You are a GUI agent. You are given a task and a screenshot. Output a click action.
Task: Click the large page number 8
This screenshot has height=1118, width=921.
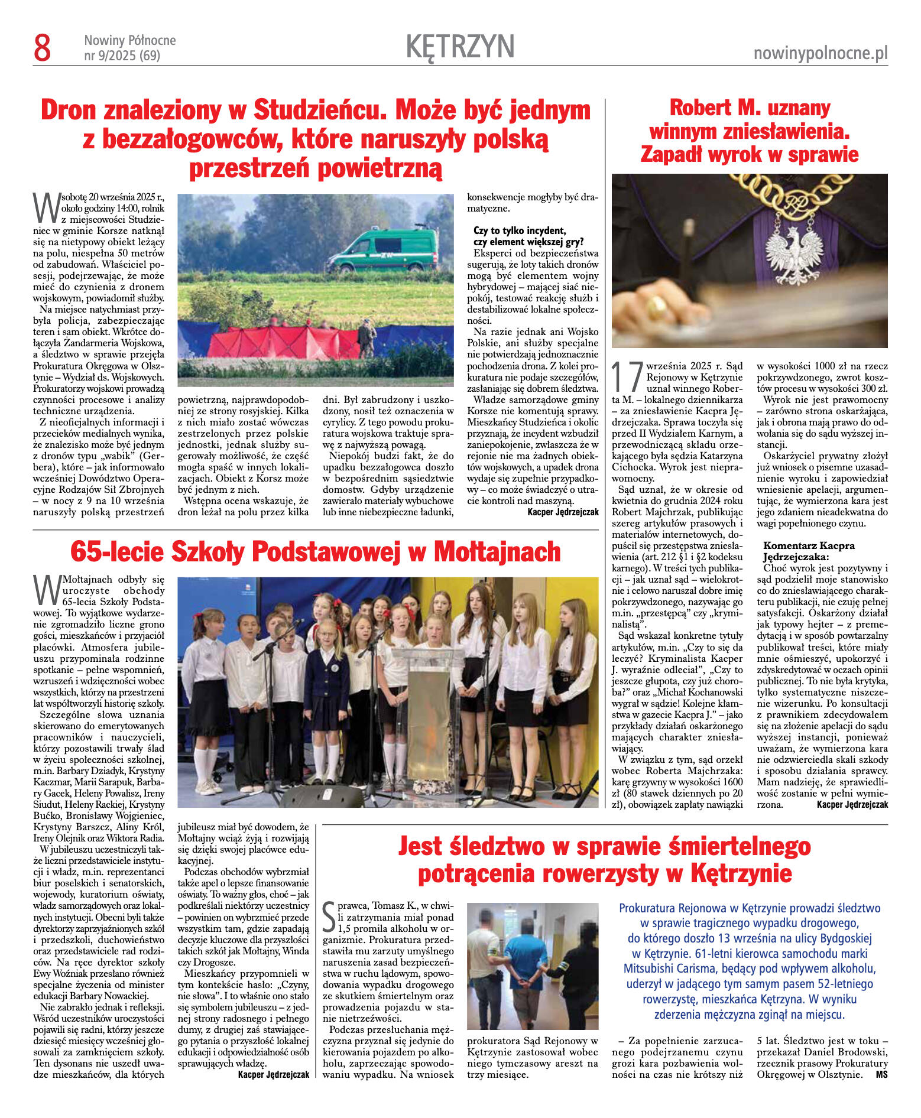pyautogui.click(x=43, y=48)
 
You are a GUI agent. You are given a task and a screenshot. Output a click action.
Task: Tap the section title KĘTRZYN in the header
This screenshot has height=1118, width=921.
pyautogui.click(x=460, y=47)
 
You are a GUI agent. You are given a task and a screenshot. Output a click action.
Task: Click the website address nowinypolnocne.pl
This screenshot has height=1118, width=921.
pyautogui.click(x=821, y=54)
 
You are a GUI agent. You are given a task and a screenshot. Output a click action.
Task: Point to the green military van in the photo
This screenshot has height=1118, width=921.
pyautogui.click(x=384, y=251)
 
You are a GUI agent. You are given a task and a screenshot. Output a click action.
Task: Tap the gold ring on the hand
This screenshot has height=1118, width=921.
pyautogui.click(x=656, y=307)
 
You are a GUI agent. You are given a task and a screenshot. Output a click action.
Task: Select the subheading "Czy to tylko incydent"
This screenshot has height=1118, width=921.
pyautogui.click(x=520, y=230)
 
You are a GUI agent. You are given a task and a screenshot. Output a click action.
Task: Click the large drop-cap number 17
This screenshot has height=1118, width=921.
pyautogui.click(x=627, y=376)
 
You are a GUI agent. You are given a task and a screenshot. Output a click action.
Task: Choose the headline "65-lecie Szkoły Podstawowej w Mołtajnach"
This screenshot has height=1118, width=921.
pyautogui.click(x=315, y=552)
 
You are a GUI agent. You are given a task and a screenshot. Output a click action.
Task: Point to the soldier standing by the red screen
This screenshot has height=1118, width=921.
pyautogui.click(x=367, y=338)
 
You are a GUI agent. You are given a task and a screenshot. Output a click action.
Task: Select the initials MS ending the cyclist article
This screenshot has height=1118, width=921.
pyautogui.click(x=881, y=1074)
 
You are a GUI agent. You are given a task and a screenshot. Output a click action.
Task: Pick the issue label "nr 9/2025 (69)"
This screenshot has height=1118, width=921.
pyautogui.click(x=122, y=56)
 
